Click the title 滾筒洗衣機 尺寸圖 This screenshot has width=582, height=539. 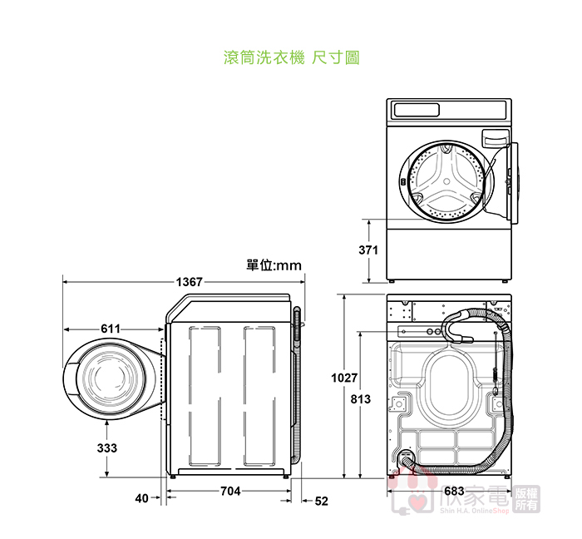pyautogui.click(x=292, y=58)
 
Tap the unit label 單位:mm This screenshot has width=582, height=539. pyautogui.click(x=274, y=265)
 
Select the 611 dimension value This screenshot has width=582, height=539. pyautogui.click(x=111, y=329)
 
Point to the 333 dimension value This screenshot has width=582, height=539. pyautogui.click(x=107, y=448)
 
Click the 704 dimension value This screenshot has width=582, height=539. pyautogui.click(x=230, y=492)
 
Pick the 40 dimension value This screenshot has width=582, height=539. pyautogui.click(x=141, y=499)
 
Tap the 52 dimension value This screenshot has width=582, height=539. pyautogui.click(x=321, y=501)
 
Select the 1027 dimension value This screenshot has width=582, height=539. pyautogui.click(x=344, y=378)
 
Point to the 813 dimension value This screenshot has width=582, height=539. pyautogui.click(x=360, y=401)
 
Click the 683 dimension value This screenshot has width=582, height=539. pyautogui.click(x=454, y=491)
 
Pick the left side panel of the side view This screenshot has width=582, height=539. pyautogui.click(x=207, y=395)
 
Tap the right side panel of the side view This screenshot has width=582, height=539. pyautogui.click(x=259, y=395)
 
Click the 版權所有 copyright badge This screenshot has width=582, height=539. pyautogui.click(x=527, y=499)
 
